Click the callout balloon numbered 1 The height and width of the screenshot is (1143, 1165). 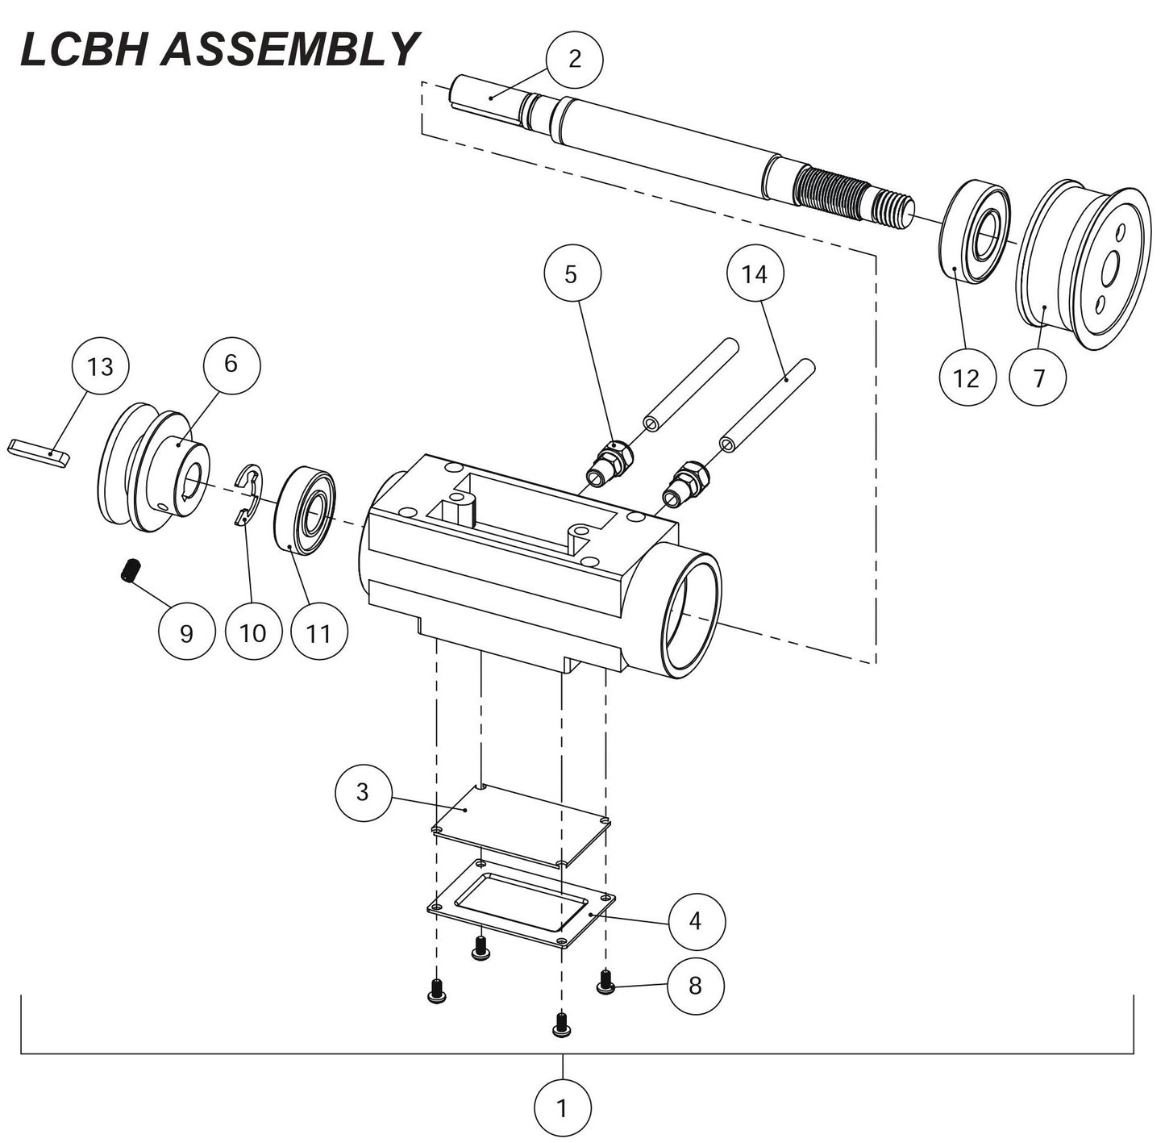click(x=562, y=1108)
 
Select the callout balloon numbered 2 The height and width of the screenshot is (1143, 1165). click(x=574, y=59)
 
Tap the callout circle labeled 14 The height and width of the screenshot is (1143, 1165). click(x=755, y=274)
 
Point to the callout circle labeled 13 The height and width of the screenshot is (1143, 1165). click(x=100, y=366)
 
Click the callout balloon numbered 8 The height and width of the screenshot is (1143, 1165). click(x=695, y=984)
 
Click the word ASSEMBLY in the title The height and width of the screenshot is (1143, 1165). click(x=290, y=50)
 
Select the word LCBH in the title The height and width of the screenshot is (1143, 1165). click(x=84, y=50)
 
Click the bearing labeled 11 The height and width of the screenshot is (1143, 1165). click(x=306, y=511)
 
